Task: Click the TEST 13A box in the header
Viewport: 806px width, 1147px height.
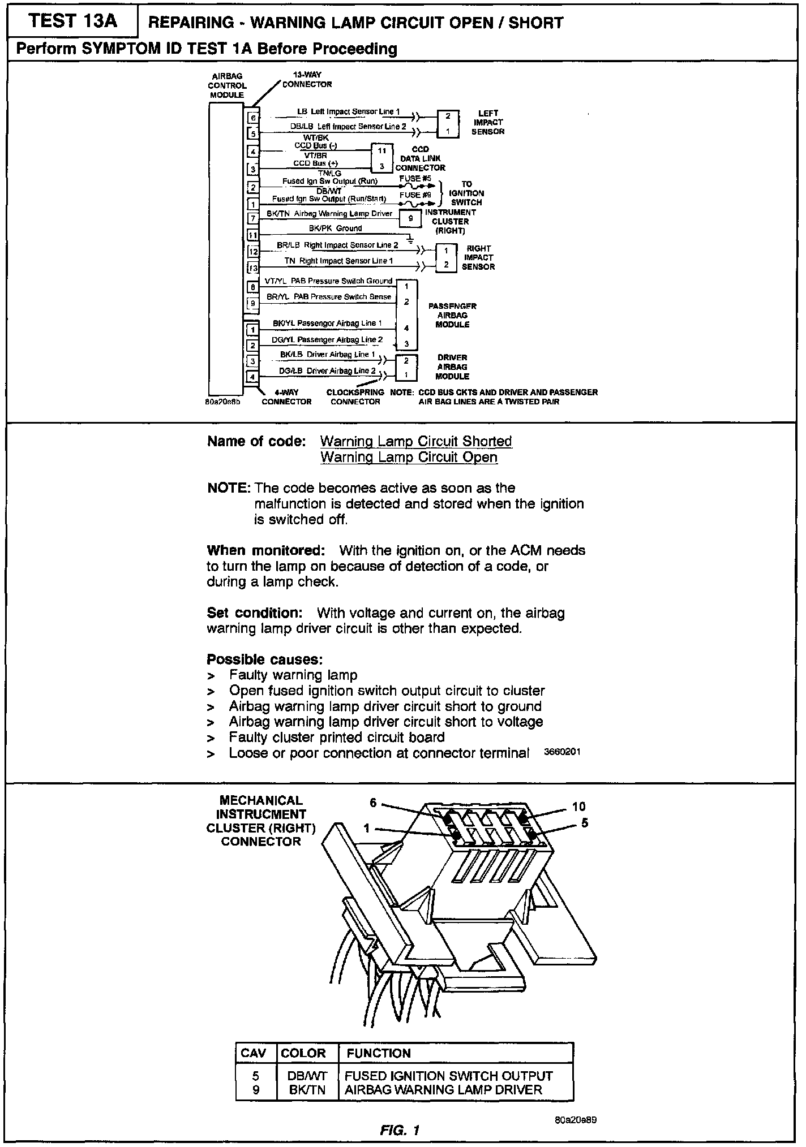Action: pyautogui.click(x=72, y=21)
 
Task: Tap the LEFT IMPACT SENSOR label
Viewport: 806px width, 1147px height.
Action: pyautogui.click(x=487, y=122)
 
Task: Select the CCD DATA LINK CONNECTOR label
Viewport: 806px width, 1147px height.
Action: pyautogui.click(x=420, y=158)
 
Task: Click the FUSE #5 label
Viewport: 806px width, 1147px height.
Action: pyautogui.click(x=415, y=178)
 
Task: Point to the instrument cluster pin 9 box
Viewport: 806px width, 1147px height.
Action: pyautogui.click(x=410, y=218)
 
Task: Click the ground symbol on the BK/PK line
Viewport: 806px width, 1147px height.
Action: pyautogui.click(x=410, y=239)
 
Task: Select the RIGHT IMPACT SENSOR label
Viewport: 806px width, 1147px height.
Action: pyautogui.click(x=478, y=257)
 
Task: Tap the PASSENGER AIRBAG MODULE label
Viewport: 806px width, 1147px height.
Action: pyautogui.click(x=452, y=315)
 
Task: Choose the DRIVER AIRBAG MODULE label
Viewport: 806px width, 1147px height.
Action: pyautogui.click(x=452, y=366)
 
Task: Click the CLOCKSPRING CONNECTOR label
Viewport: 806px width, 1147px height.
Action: pyautogui.click(x=355, y=396)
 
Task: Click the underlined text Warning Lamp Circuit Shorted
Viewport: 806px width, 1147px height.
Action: pyautogui.click(x=416, y=441)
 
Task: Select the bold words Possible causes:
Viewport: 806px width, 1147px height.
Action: pyautogui.click(x=265, y=659)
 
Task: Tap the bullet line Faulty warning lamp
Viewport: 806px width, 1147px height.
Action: pyautogui.click(x=293, y=675)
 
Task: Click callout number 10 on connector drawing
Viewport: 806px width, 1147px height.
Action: pyautogui.click(x=578, y=807)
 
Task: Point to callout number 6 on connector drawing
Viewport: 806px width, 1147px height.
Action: pyautogui.click(x=373, y=803)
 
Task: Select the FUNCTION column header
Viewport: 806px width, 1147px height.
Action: pyautogui.click(x=379, y=1053)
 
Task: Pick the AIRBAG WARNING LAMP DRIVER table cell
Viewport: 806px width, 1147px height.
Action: pyautogui.click(x=443, y=1090)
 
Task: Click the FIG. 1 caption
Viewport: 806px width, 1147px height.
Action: pyautogui.click(x=400, y=1131)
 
